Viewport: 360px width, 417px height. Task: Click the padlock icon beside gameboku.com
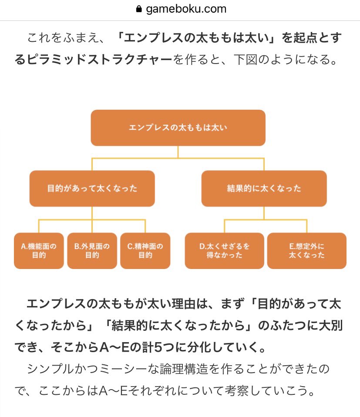pyautogui.click(x=139, y=9)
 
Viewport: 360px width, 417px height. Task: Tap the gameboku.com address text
pyautogui.click(x=186, y=9)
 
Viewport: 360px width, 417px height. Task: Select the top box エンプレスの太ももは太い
pyautogui.click(x=178, y=128)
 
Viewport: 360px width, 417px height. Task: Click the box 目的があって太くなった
pyautogui.click(x=92, y=188)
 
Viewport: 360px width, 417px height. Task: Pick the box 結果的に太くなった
pyautogui.click(x=264, y=188)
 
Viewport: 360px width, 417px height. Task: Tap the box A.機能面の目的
pyautogui.click(x=39, y=251)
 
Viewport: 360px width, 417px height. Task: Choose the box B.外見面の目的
pyautogui.click(x=92, y=251)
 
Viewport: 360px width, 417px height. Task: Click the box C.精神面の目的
pyautogui.click(x=145, y=251)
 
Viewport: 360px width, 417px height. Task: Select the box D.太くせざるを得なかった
pyautogui.click(x=224, y=251)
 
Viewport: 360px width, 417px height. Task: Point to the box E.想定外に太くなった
pyautogui.click(x=306, y=251)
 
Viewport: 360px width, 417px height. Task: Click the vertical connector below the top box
pyautogui.click(x=178, y=151)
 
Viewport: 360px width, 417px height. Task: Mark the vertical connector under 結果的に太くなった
pyautogui.click(x=264, y=213)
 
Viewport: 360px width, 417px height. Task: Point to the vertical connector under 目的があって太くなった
pyautogui.click(x=92, y=213)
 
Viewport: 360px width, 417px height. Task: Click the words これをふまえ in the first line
pyautogui.click(x=65, y=38)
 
